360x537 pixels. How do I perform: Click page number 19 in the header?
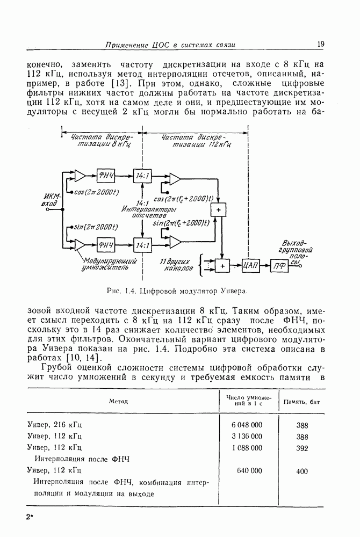click(x=320, y=44)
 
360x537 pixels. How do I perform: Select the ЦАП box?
click(x=251, y=264)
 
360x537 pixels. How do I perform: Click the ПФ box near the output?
click(x=278, y=265)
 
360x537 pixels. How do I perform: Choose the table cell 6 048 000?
click(x=247, y=424)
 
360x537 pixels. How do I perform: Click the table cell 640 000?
click(x=249, y=470)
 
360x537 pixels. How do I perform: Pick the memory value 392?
click(x=302, y=448)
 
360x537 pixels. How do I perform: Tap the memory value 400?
click(x=302, y=471)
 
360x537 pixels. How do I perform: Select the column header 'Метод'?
click(x=118, y=401)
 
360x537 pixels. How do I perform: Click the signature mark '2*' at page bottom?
click(x=30, y=517)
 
